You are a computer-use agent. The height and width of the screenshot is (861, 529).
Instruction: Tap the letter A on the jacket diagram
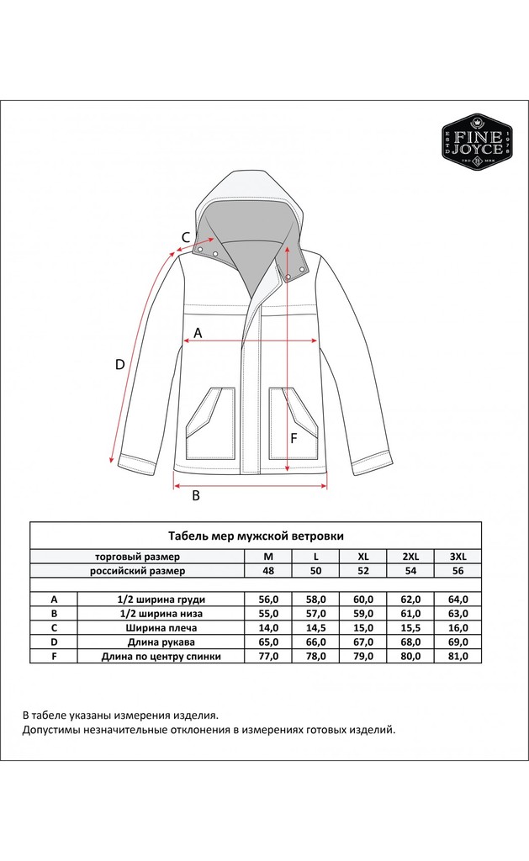click(x=198, y=333)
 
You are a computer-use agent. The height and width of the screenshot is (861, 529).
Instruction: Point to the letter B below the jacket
click(x=196, y=495)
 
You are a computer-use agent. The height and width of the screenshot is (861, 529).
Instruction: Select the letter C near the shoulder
click(x=186, y=237)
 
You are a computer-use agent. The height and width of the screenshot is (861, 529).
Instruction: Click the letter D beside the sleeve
click(x=119, y=364)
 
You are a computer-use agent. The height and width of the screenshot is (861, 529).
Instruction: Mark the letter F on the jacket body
click(x=294, y=437)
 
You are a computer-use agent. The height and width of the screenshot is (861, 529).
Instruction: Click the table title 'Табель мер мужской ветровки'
click(x=256, y=535)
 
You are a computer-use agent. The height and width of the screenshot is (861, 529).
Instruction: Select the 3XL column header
click(x=458, y=557)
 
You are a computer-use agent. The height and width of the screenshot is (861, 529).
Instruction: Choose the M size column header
click(x=268, y=557)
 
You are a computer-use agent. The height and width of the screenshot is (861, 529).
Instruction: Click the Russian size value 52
click(x=363, y=571)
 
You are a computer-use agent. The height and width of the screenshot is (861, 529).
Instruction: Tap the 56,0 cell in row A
click(x=268, y=600)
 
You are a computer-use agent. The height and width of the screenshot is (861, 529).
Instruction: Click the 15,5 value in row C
click(x=410, y=627)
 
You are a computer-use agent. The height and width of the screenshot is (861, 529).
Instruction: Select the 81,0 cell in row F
click(x=458, y=656)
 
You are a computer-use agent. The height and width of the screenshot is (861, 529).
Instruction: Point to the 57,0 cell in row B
click(x=315, y=614)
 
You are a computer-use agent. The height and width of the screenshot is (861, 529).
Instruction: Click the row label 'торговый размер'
click(x=137, y=557)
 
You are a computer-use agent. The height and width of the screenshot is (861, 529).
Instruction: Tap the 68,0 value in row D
click(x=410, y=642)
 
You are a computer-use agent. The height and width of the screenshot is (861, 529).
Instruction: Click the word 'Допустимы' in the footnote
click(x=53, y=730)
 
